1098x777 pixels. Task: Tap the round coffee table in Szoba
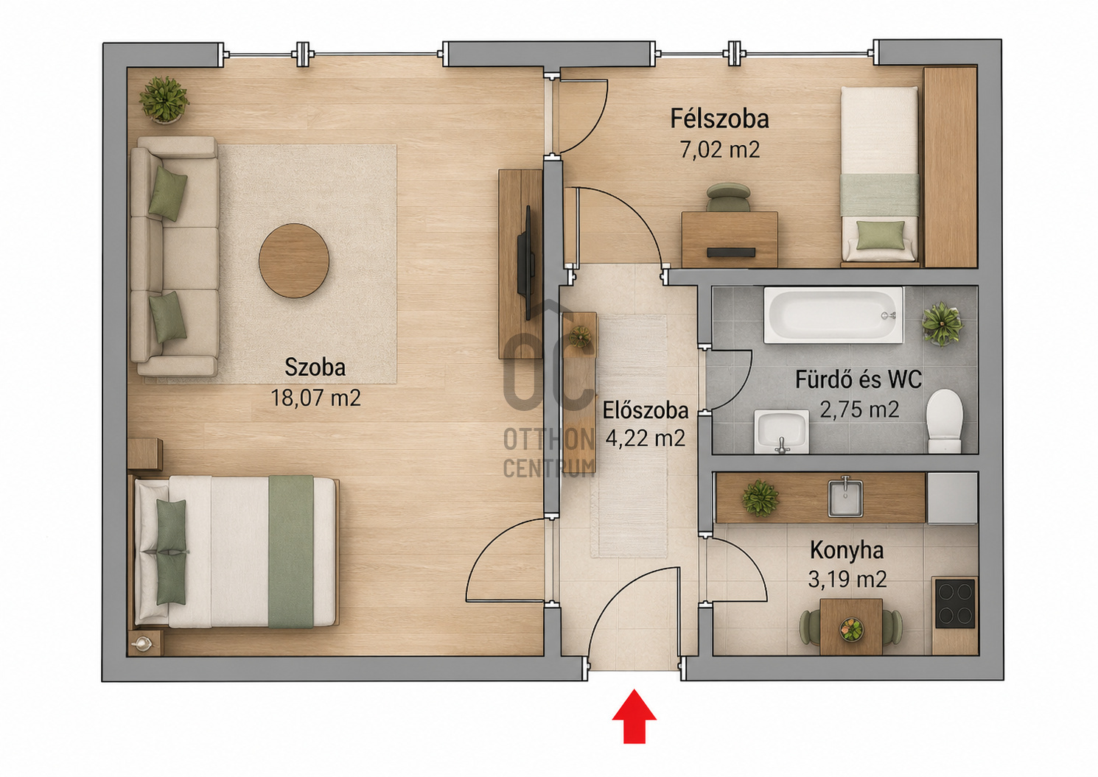tap(293, 261)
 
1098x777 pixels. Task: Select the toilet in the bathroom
tap(944, 421)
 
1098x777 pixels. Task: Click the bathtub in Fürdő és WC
tap(833, 314)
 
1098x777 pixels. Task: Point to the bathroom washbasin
tap(781, 432)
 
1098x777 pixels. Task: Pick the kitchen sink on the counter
tap(845, 497)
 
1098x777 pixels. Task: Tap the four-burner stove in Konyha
tap(955, 604)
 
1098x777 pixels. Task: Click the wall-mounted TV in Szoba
tap(525, 263)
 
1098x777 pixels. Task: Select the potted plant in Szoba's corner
tap(164, 99)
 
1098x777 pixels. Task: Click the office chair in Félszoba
tap(728, 197)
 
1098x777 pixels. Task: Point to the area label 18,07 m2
tap(315, 398)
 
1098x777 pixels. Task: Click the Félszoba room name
tap(719, 119)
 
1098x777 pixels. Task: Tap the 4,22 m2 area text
tap(645, 437)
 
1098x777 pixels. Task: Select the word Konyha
tap(847, 550)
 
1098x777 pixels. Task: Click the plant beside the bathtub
tap(942, 324)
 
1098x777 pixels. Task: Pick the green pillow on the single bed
tap(881, 235)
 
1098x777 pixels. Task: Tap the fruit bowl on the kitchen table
tap(851, 629)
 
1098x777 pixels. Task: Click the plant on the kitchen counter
tap(760, 499)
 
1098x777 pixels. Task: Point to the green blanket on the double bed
tap(290, 552)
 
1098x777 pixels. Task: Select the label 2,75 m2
tap(859, 409)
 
